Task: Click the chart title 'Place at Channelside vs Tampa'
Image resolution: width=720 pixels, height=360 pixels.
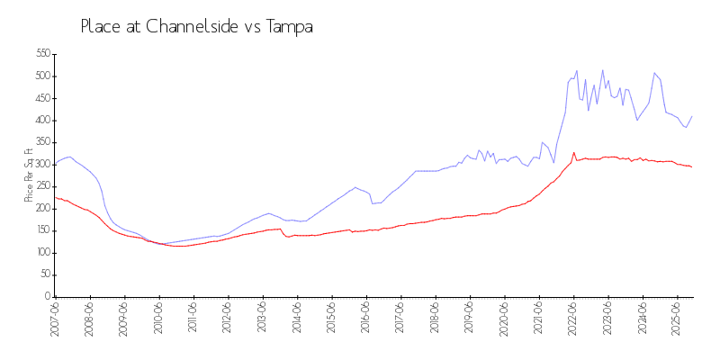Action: pos(196,27)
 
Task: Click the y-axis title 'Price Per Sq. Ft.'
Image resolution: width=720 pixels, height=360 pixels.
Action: pos(29,175)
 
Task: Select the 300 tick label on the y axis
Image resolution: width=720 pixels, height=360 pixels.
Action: pos(41,165)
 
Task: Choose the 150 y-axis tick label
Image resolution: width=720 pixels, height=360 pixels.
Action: pos(41,230)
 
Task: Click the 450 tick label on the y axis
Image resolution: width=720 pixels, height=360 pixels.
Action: pos(41,98)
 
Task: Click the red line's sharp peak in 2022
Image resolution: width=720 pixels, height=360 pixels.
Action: pos(574,152)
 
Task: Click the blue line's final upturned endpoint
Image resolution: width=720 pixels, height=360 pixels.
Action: pos(691,116)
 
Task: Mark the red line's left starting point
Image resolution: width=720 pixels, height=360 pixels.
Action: pos(56,197)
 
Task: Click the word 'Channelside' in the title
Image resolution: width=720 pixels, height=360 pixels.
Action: pos(179,27)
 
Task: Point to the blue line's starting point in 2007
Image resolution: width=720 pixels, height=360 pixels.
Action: pos(56,164)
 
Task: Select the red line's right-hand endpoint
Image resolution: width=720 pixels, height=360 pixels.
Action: pos(691,166)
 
